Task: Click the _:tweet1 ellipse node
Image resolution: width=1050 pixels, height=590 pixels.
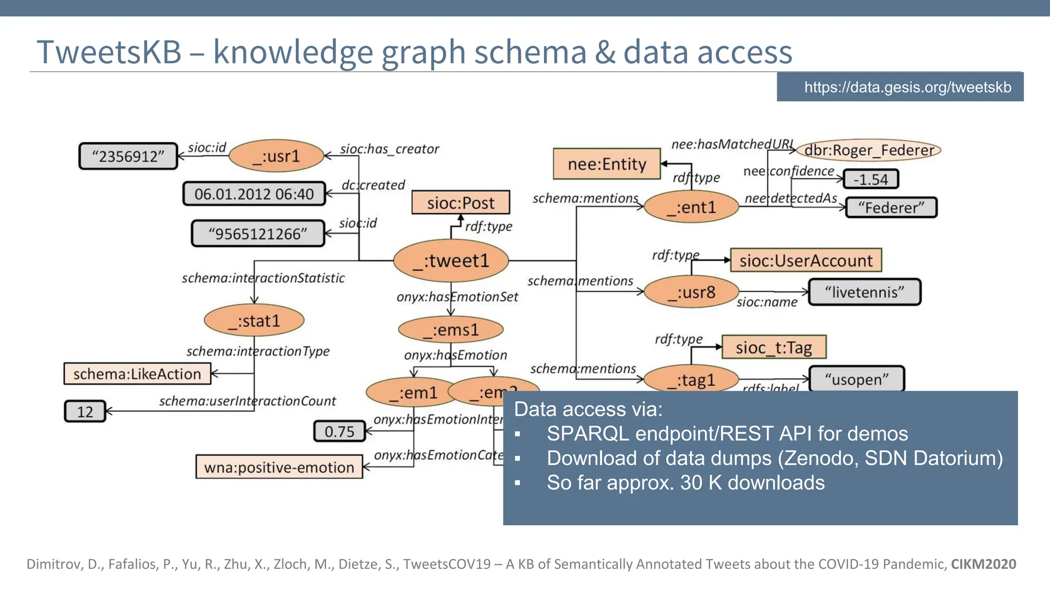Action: (451, 261)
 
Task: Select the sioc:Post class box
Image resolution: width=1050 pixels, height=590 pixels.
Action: (460, 203)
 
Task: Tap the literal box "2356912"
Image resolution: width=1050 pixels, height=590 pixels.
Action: (128, 156)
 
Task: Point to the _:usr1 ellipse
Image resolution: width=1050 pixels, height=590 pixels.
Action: (276, 156)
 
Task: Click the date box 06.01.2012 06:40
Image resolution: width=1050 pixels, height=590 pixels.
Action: (254, 194)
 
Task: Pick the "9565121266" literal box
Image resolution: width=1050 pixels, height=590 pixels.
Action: (258, 234)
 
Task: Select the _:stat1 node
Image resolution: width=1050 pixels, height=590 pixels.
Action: (254, 321)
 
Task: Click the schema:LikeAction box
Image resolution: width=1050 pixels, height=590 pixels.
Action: (137, 374)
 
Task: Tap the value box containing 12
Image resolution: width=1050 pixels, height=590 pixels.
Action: (85, 411)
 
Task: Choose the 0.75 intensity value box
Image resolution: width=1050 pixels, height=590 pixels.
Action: (339, 431)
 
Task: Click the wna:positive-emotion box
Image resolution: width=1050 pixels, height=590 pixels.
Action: (279, 467)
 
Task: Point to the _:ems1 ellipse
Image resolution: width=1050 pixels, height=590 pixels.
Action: (451, 330)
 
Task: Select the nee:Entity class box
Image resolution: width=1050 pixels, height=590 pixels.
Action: (607, 164)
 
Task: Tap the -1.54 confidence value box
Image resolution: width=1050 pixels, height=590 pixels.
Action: (871, 179)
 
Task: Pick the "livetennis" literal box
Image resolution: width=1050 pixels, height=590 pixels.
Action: (864, 292)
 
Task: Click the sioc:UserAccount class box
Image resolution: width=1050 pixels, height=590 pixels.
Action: (805, 261)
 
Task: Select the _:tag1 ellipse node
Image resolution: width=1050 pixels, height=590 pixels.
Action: (691, 380)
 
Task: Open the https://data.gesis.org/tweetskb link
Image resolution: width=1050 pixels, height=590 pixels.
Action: (907, 87)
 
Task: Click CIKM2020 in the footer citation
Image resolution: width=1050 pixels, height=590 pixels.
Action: (983, 564)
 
